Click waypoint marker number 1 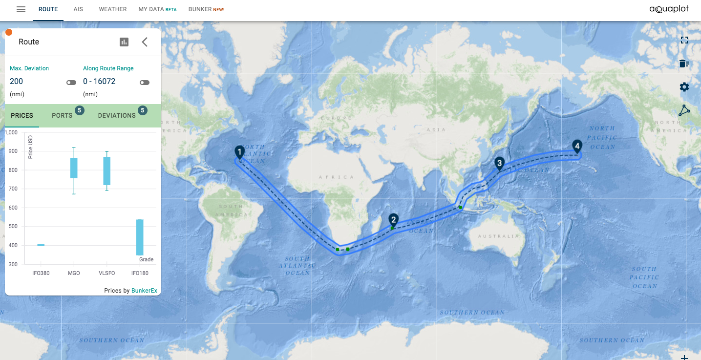239,151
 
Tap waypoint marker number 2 393,220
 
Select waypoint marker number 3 499,163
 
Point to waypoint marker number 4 577,146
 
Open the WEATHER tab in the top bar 113,9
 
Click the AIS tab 78,9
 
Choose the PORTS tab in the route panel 62,116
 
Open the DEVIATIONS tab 117,116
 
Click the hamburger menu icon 21,9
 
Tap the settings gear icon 684,87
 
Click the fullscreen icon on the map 684,40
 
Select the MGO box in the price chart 74,168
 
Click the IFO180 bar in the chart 140,237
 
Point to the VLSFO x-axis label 107,273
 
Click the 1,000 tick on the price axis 11,132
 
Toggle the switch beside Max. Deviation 71,83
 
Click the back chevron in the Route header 145,42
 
